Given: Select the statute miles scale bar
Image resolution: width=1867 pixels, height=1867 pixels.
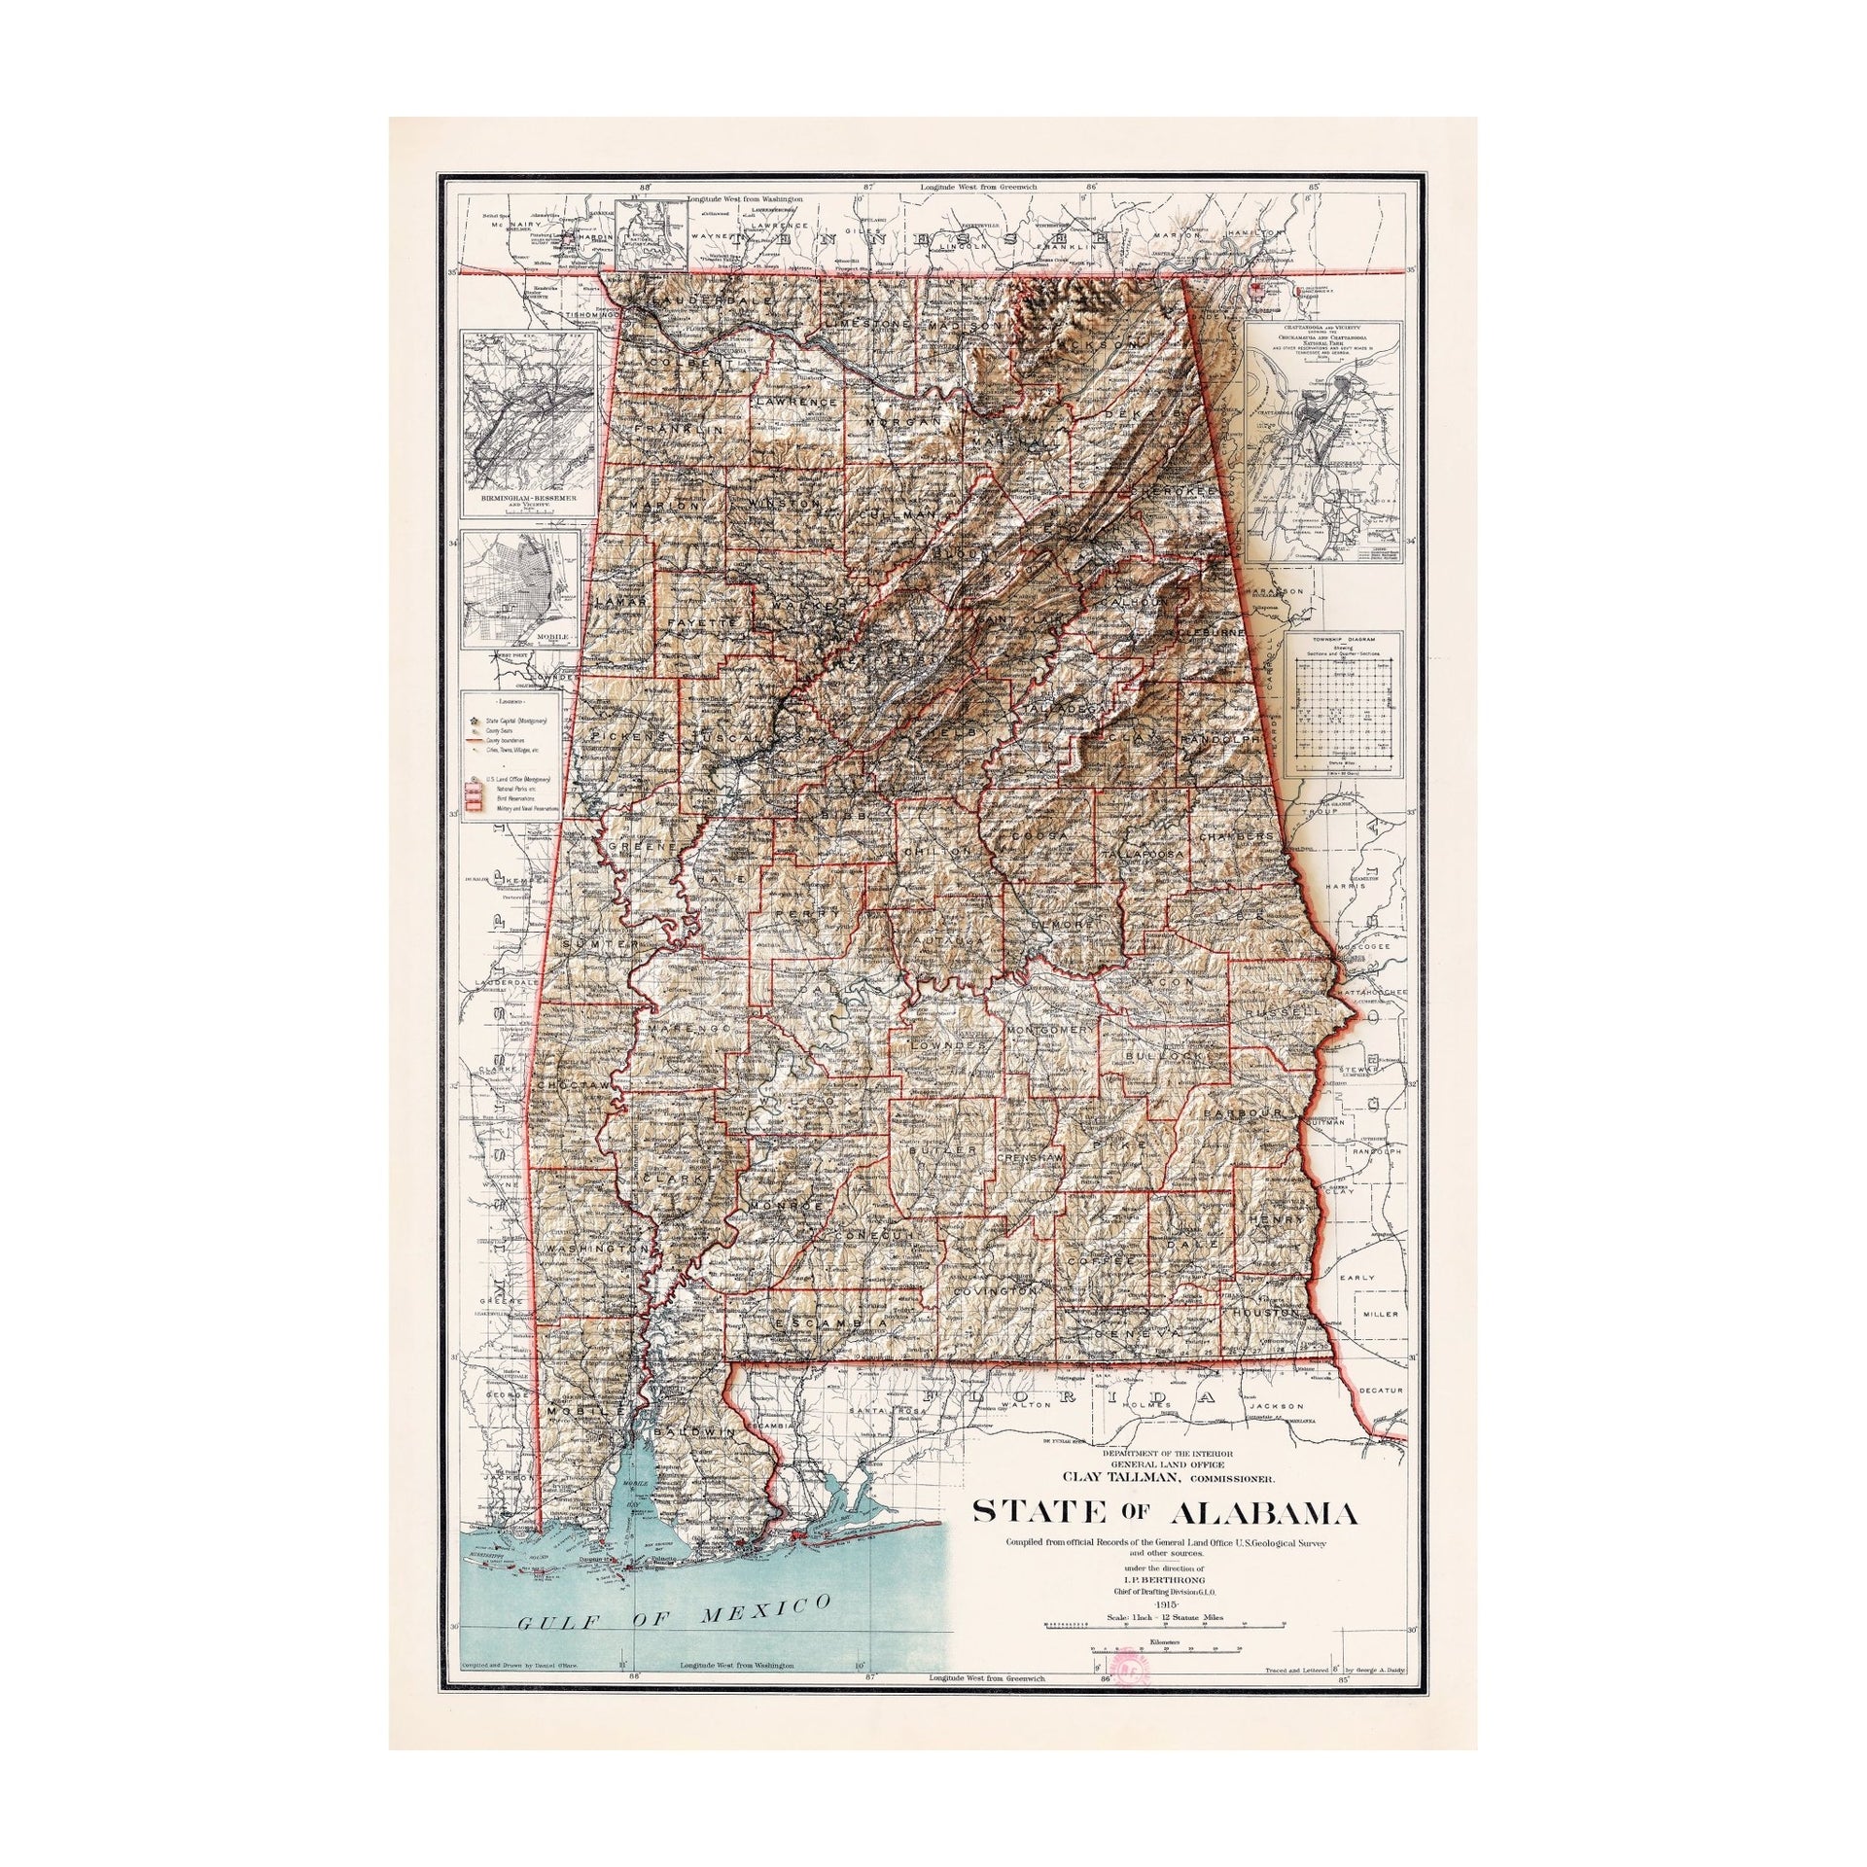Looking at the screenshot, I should point(1167,1625).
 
